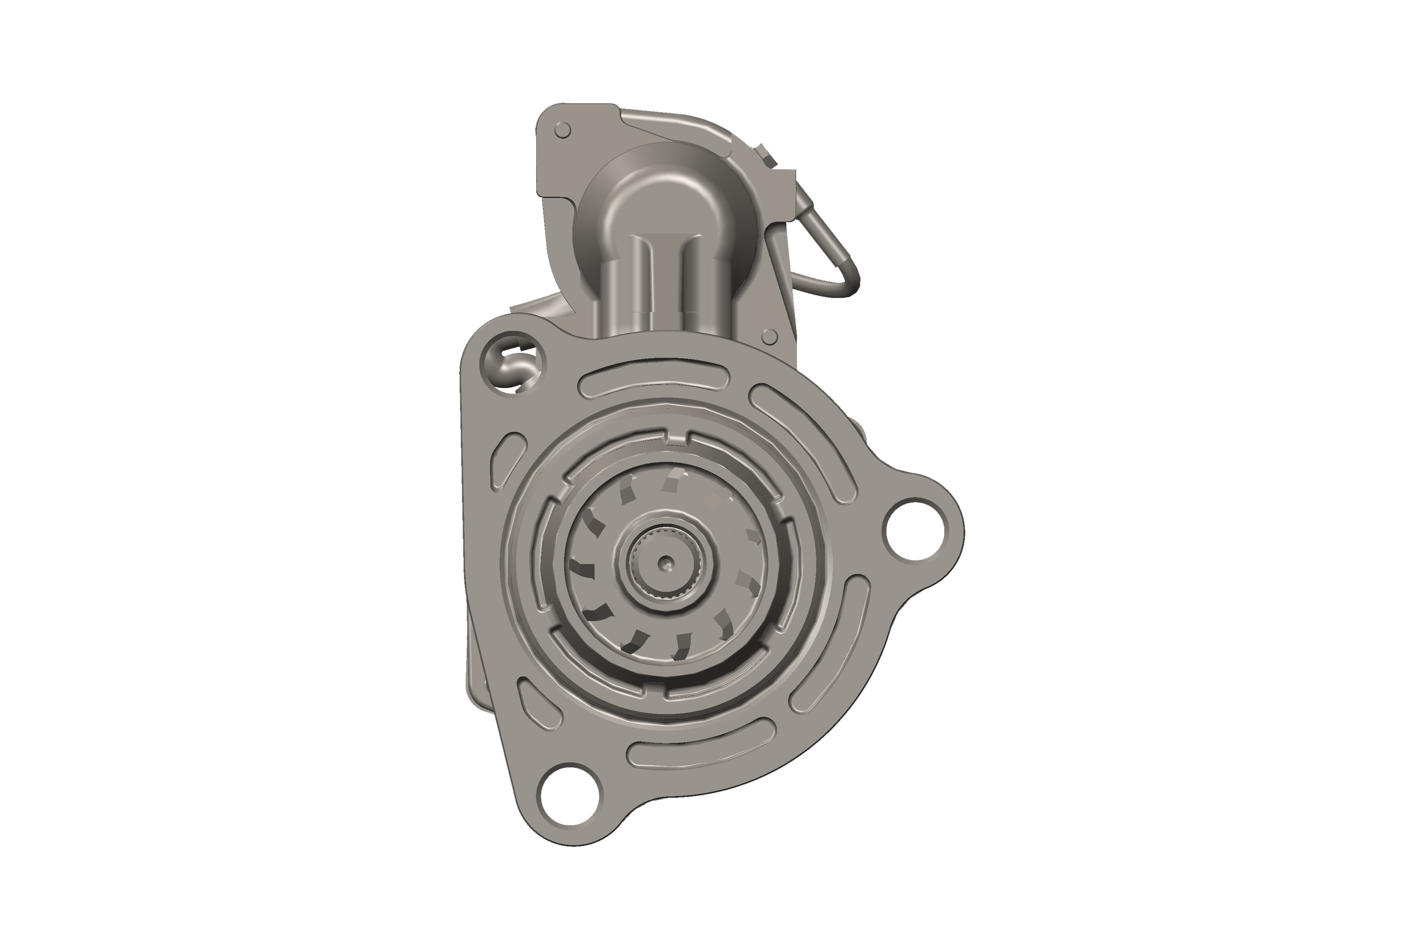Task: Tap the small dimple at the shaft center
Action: pyautogui.click(x=666, y=563)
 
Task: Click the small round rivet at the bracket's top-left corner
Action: pyautogui.click(x=562, y=130)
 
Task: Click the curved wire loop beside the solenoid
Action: pyautogui.click(x=830, y=255)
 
